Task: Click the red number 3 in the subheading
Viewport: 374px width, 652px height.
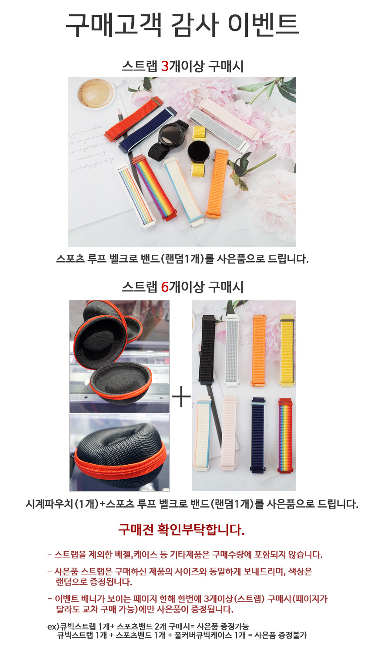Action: [165, 67]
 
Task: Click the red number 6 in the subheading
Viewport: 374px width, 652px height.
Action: [165, 287]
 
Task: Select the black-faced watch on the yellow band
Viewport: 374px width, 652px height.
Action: [199, 151]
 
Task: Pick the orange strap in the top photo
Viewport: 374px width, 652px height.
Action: [217, 183]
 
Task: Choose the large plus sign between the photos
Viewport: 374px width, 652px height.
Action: [181, 396]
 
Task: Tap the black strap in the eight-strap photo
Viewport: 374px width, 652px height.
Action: [207, 349]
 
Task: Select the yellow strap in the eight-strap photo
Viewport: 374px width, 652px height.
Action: [287, 351]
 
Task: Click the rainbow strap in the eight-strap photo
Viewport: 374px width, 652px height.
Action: [285, 436]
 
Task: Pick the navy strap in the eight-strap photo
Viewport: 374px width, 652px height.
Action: [258, 435]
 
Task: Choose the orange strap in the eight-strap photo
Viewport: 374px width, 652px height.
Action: [259, 350]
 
